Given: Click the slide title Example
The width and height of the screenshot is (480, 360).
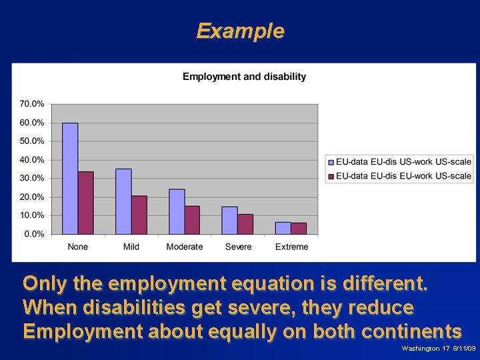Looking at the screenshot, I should point(240,31).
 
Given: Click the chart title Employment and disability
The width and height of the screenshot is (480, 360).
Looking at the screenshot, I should point(244,77).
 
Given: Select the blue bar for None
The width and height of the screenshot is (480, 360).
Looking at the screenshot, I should point(70,179).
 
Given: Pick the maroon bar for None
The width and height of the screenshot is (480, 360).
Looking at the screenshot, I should point(85,203).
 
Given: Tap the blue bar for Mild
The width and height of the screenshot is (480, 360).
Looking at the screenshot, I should point(123,201).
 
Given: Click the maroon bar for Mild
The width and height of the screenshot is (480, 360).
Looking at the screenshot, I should point(139,215).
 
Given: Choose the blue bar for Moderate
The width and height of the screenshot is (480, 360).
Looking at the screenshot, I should point(177,211).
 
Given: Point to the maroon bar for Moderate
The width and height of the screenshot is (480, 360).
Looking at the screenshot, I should point(192,220).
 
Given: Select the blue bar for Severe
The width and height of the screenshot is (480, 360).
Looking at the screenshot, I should point(230,220).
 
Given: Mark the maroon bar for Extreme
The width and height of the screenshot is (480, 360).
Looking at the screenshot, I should point(299,228).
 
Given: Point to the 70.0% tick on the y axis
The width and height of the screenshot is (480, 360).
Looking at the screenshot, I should point(32,104).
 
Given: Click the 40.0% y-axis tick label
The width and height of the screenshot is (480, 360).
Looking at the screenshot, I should point(32,160).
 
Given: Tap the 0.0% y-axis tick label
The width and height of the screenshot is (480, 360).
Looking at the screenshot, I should point(34,234).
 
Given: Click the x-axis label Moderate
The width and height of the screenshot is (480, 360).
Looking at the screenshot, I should point(185,247).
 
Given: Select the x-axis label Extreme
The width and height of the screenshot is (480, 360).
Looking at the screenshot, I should point(291,247).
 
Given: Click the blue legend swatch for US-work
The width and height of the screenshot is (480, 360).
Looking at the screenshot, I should point(331,161).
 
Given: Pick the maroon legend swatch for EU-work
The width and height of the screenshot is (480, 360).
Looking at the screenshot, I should point(331,176).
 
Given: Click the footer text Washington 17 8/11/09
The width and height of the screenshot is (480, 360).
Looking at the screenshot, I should point(438,349).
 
